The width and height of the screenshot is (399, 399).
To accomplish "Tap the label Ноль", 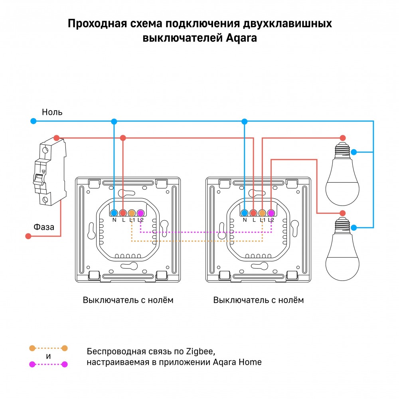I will [x=52, y=112].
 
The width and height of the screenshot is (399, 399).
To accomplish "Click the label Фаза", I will [x=44, y=227].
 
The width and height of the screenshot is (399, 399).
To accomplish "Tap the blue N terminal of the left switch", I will [x=114, y=213].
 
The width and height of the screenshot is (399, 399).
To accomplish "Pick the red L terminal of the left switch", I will [x=123, y=213].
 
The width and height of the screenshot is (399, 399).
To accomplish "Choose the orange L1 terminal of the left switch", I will [x=132, y=213].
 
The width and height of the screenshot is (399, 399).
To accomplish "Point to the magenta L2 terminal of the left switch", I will [x=140, y=213].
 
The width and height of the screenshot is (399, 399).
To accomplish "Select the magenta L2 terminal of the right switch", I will [x=271, y=213].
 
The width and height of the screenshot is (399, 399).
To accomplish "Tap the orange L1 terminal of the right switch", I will [x=262, y=213].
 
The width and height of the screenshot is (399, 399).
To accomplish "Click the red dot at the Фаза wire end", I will [x=28, y=236].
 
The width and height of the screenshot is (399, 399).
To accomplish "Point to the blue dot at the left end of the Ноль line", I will [x=34, y=121].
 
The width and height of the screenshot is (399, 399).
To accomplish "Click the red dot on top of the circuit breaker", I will [x=57, y=138].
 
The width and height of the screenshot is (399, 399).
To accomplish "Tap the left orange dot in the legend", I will [x=32, y=348].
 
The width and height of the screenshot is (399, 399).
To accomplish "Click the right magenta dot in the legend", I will [x=65, y=364].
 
